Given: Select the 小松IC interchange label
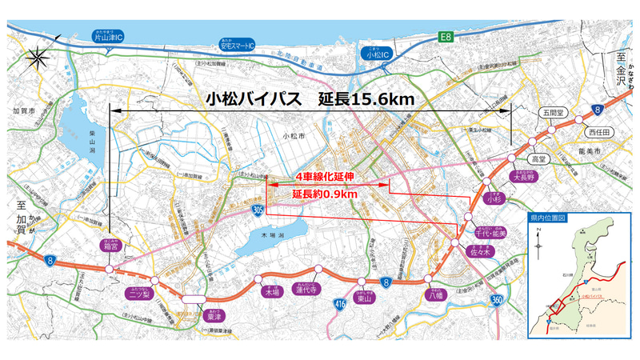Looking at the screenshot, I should coord(376,54).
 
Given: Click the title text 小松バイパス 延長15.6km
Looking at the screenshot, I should coord(308,100).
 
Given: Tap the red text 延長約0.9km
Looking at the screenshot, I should coord(323,194).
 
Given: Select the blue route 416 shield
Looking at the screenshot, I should coord(338,303).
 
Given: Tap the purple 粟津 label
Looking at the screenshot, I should coord(214,314).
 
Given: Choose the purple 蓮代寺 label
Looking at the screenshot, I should coord(307,290).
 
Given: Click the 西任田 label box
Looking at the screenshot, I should coord(598,131).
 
